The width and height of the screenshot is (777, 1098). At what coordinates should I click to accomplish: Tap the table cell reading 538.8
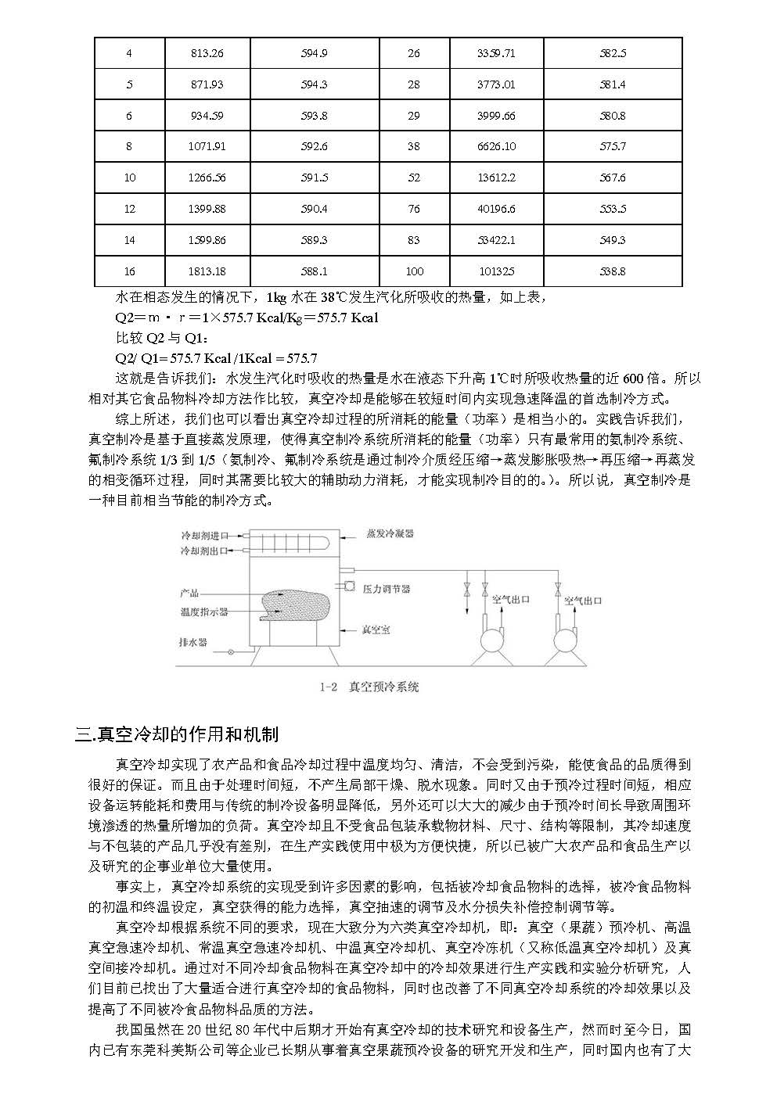612,271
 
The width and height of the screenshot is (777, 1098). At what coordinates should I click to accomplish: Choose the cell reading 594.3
314,84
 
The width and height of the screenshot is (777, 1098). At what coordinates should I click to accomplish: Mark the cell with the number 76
414,210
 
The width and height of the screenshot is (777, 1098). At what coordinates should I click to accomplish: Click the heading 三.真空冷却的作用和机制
177,734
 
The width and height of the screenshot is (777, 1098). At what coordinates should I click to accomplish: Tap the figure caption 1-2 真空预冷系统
369,687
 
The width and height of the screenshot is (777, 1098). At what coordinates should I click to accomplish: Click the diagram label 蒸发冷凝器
390,533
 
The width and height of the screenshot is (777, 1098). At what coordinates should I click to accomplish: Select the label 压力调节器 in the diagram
386,588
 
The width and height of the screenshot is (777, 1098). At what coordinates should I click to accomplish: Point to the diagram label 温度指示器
204,612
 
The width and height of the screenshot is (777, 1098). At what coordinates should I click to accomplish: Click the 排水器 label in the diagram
193,642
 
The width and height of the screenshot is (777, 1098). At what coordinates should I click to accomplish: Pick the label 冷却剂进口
204,536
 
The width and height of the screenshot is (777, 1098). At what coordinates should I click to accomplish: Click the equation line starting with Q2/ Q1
216,359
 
